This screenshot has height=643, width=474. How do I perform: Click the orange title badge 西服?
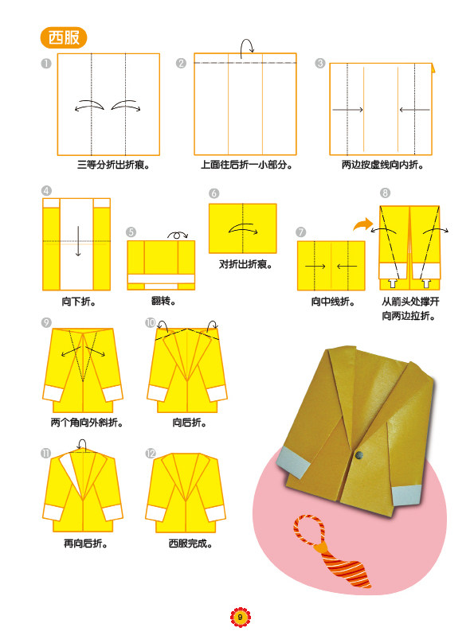click(x=64, y=37)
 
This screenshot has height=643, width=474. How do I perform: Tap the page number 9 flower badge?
click(x=240, y=617)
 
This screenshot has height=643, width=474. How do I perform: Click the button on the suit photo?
click(x=359, y=454)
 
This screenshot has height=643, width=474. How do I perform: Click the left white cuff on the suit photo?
click(x=293, y=462)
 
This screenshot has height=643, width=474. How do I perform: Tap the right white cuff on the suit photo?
click(x=407, y=494)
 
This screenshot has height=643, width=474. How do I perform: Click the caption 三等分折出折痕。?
click(x=114, y=165)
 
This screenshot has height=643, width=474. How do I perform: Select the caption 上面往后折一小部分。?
click(x=246, y=165)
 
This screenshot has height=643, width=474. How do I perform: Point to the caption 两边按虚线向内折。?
click(x=382, y=165)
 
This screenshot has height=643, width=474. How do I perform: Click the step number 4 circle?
click(x=46, y=190)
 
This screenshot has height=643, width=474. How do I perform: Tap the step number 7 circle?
click(x=301, y=232)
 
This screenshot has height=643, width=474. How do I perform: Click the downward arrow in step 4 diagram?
click(x=78, y=241)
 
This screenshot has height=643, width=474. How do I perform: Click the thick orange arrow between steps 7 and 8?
click(x=362, y=224)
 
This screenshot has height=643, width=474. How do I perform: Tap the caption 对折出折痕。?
click(x=245, y=264)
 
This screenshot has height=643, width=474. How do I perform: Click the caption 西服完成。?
click(x=190, y=544)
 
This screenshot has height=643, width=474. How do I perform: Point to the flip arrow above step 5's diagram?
click(x=178, y=235)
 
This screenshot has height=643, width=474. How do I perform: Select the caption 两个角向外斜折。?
click(x=87, y=423)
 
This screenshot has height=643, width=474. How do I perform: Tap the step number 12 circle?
click(x=151, y=453)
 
